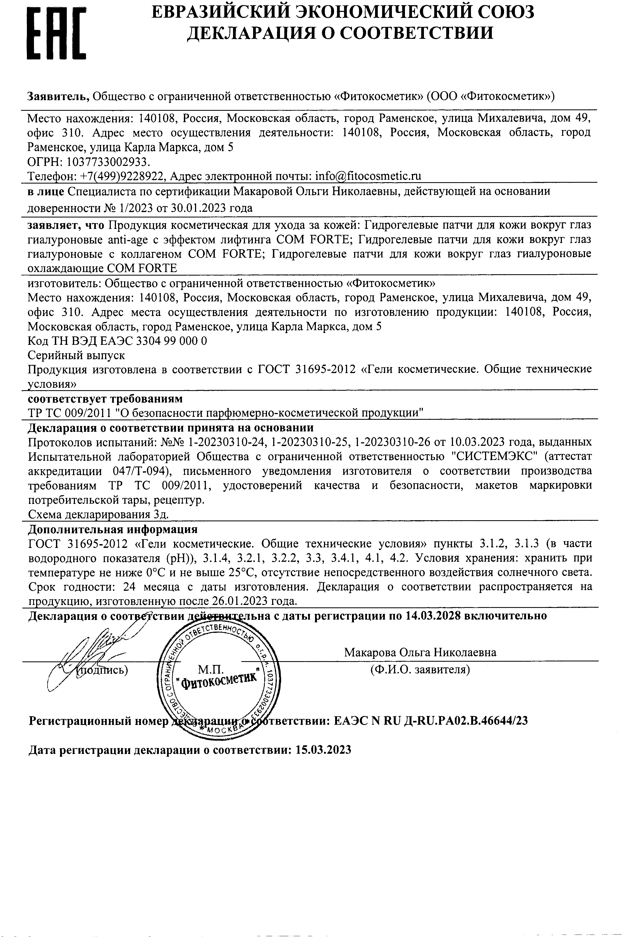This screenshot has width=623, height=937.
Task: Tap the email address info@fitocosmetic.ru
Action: tap(368, 176)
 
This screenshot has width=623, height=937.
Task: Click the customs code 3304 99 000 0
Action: tap(171, 341)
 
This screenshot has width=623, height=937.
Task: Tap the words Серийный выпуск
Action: tap(76, 355)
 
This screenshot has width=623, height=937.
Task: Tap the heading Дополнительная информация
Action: tap(113, 529)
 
